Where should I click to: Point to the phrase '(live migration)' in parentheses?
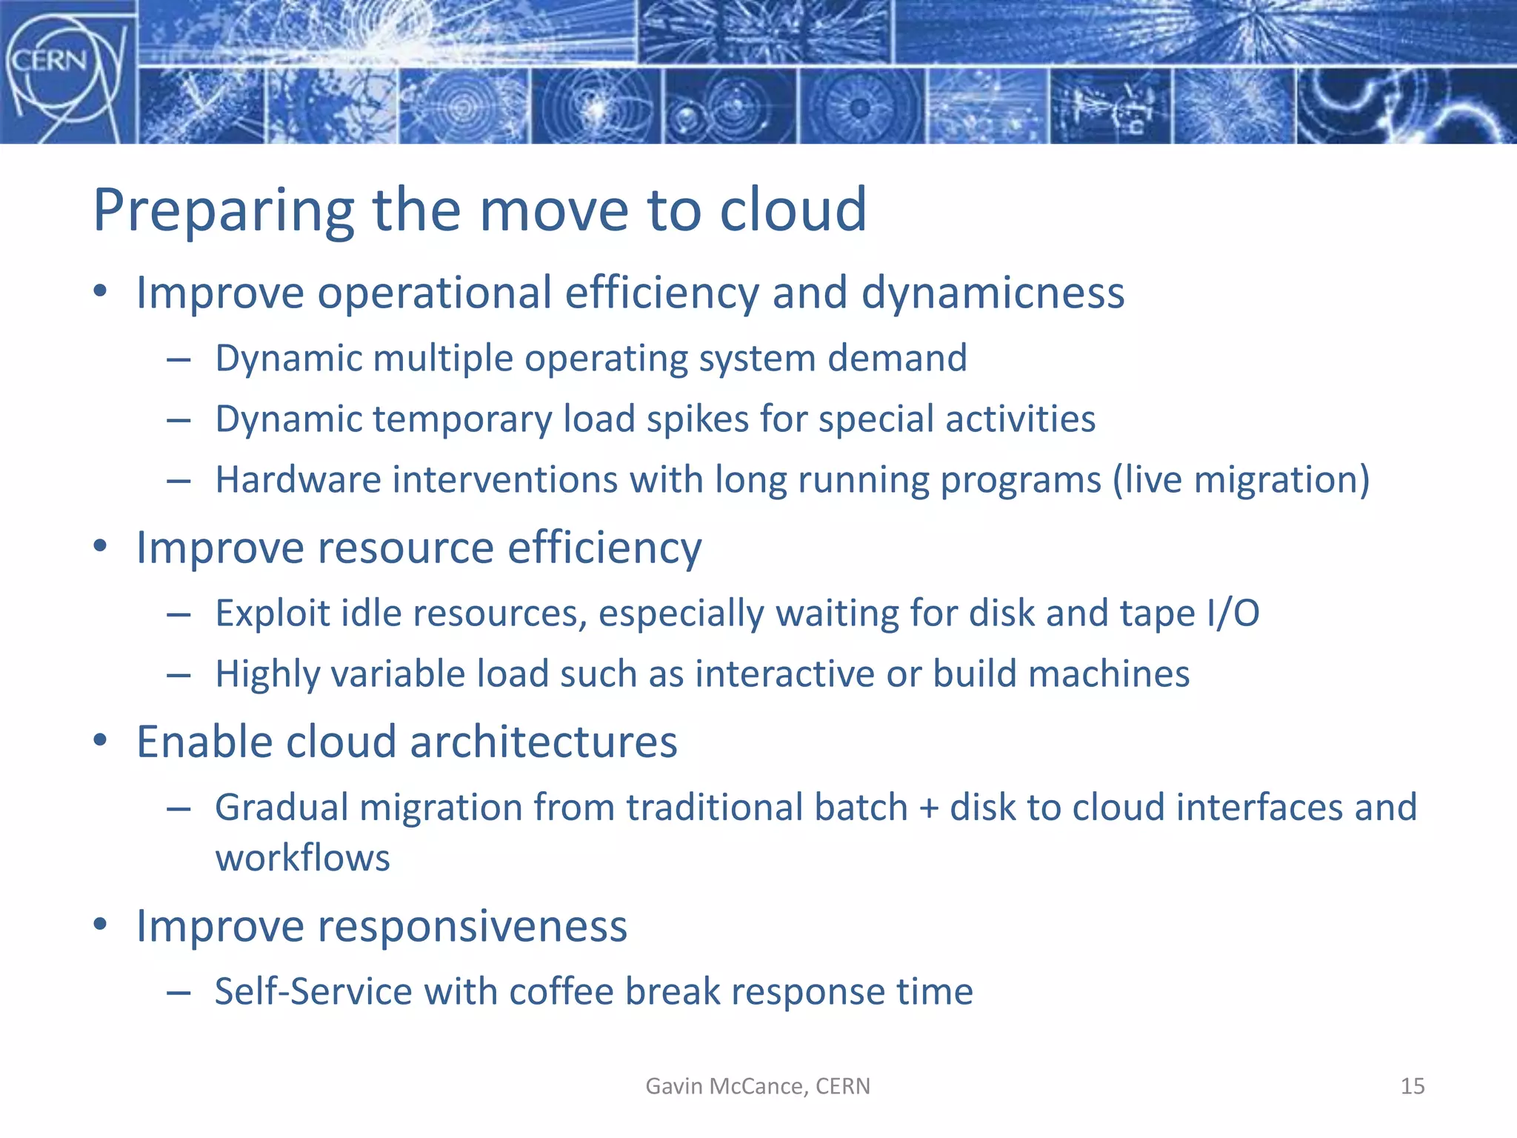pos(1241,480)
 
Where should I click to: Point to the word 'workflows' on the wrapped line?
pos(302,859)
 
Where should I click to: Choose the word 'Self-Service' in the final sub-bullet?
pos(312,992)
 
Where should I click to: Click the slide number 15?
pos(1412,1086)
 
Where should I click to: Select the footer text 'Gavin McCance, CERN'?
pos(758,1086)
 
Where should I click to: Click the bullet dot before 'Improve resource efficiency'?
pos(101,548)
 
